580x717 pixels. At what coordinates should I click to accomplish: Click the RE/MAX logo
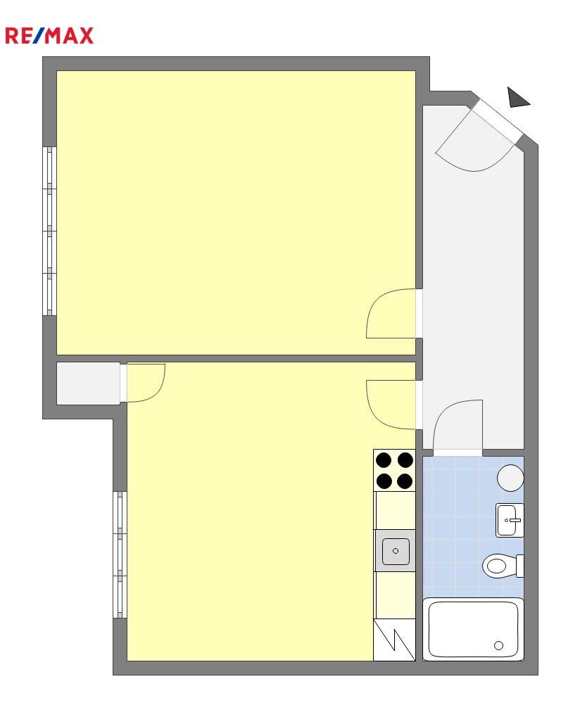49,36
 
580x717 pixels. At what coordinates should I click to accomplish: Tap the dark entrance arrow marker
517,98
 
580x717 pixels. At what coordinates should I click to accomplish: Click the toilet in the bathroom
503,566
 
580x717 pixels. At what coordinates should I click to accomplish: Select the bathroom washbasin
510,520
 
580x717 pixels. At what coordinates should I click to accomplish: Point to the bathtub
473,629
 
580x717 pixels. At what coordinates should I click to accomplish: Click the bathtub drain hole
498,646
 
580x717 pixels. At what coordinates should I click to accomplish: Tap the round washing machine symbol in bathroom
510,478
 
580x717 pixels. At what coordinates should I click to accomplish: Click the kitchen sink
395,550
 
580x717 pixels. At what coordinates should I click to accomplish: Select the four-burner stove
394,471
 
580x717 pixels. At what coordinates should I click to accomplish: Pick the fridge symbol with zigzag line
394,640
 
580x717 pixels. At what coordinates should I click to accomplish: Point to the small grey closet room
88,383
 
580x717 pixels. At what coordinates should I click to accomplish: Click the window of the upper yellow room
49,231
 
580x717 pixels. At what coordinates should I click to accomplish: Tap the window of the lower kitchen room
120,554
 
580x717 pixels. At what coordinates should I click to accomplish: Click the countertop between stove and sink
395,511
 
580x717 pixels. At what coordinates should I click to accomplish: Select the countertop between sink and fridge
395,595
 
